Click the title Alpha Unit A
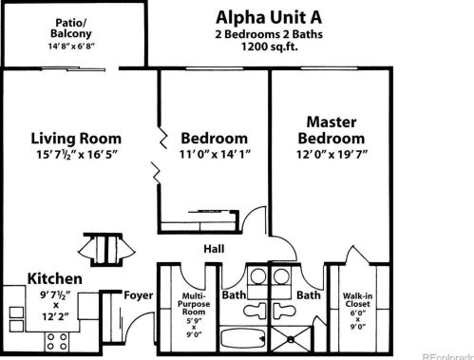pyautogui.click(x=269, y=17)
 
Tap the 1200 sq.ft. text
pyautogui.click(x=270, y=47)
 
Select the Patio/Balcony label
pyautogui.click(x=71, y=28)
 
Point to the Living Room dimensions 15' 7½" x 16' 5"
pyautogui.click(x=77, y=155)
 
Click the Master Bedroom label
pyautogui.click(x=332, y=130)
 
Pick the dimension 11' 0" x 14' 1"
pyautogui.click(x=215, y=154)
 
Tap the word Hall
pyautogui.click(x=214, y=249)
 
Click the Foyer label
pyautogui.click(x=139, y=295)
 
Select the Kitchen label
pyautogui.click(x=55, y=278)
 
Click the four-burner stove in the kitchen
pyautogui.click(x=57, y=342)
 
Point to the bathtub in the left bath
pyautogui.click(x=243, y=338)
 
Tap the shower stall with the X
pyautogui.click(x=291, y=339)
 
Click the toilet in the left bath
pyautogui.click(x=255, y=311)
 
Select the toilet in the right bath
pyautogui.click(x=284, y=311)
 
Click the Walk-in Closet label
pyautogui.click(x=357, y=300)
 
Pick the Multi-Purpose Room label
pyautogui.click(x=194, y=304)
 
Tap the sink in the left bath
pyautogui.click(x=257, y=276)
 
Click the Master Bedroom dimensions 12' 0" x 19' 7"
pyautogui.click(x=332, y=155)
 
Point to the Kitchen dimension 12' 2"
pyautogui.click(x=56, y=316)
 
